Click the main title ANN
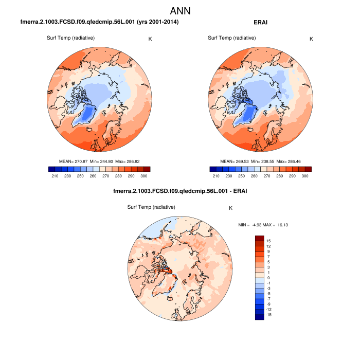pyautogui.click(x=180, y=11)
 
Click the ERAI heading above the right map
pyautogui.click(x=261, y=23)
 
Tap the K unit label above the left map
pyautogui.click(x=150, y=39)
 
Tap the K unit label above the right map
pyautogui.click(x=311, y=39)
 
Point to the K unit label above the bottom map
pyautogui.click(x=231, y=208)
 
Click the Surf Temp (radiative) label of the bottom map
pyautogui.click(x=152, y=207)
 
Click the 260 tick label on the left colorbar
pyautogui.click(x=93, y=176)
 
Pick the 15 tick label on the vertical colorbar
pyautogui.click(x=268, y=241)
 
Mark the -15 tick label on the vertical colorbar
pyautogui.click(x=268, y=315)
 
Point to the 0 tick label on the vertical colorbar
pyautogui.click(x=268, y=278)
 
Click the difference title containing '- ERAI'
pyautogui.click(x=180, y=191)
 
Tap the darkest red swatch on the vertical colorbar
pyautogui.click(x=259, y=238)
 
